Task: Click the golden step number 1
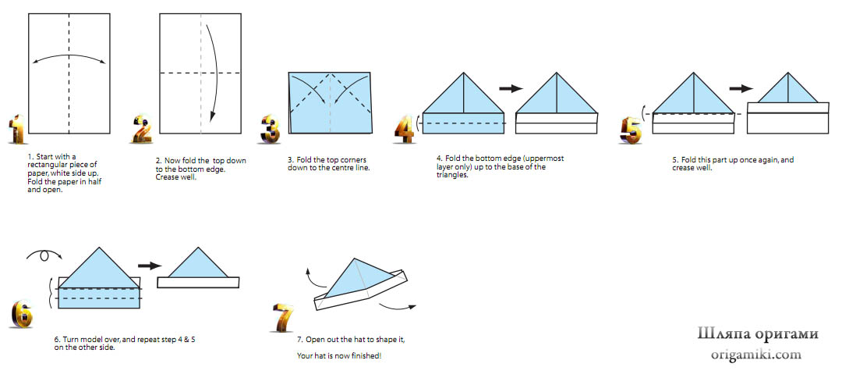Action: click(17, 129)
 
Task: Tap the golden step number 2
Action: click(141, 129)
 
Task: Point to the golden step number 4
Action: click(405, 129)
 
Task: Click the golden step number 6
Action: click(22, 313)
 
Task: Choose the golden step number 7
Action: click(284, 317)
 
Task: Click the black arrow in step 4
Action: click(511, 88)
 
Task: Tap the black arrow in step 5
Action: click(741, 89)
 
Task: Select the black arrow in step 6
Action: click(150, 265)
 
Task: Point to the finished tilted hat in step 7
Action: click(360, 284)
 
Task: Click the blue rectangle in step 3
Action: click(330, 102)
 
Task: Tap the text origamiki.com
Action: click(756, 355)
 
